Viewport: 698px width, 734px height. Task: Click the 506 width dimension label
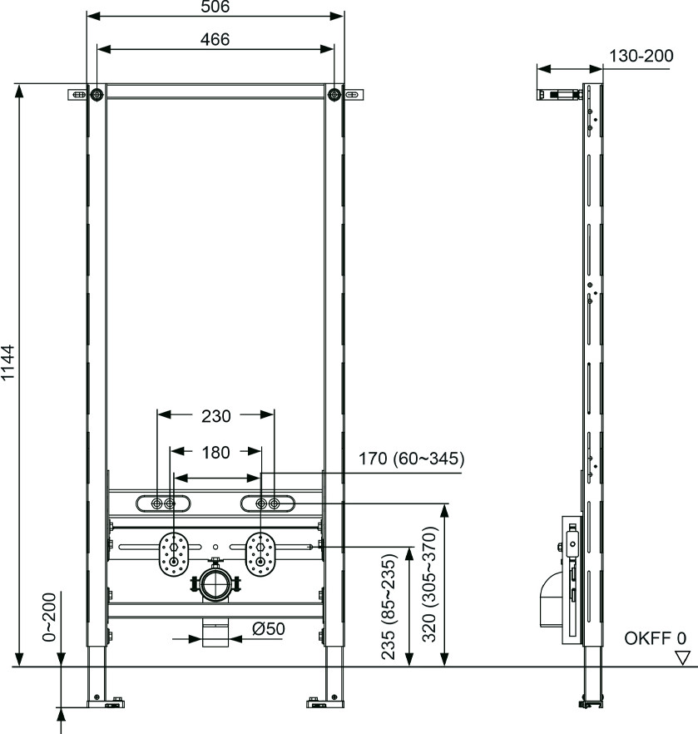215,7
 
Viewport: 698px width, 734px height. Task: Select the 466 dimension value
215,39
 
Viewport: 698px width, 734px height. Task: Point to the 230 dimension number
216,416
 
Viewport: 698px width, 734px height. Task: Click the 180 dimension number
215,452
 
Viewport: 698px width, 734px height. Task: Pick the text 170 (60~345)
411,459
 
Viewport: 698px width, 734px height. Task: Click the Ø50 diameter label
269,628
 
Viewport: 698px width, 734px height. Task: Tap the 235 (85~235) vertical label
389,607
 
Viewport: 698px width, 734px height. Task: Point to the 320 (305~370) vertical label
429,585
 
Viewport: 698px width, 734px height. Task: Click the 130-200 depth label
641,56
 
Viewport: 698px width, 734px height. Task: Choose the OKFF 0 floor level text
655,638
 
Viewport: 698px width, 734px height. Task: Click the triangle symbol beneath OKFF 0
683,657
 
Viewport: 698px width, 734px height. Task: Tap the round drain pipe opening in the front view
215,583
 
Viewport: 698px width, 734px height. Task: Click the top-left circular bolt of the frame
97,95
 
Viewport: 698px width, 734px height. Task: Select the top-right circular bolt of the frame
334,95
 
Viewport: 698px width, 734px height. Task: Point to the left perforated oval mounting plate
174,554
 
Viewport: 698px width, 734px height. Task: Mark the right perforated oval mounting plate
260,554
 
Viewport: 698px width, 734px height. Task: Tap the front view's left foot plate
106,703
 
